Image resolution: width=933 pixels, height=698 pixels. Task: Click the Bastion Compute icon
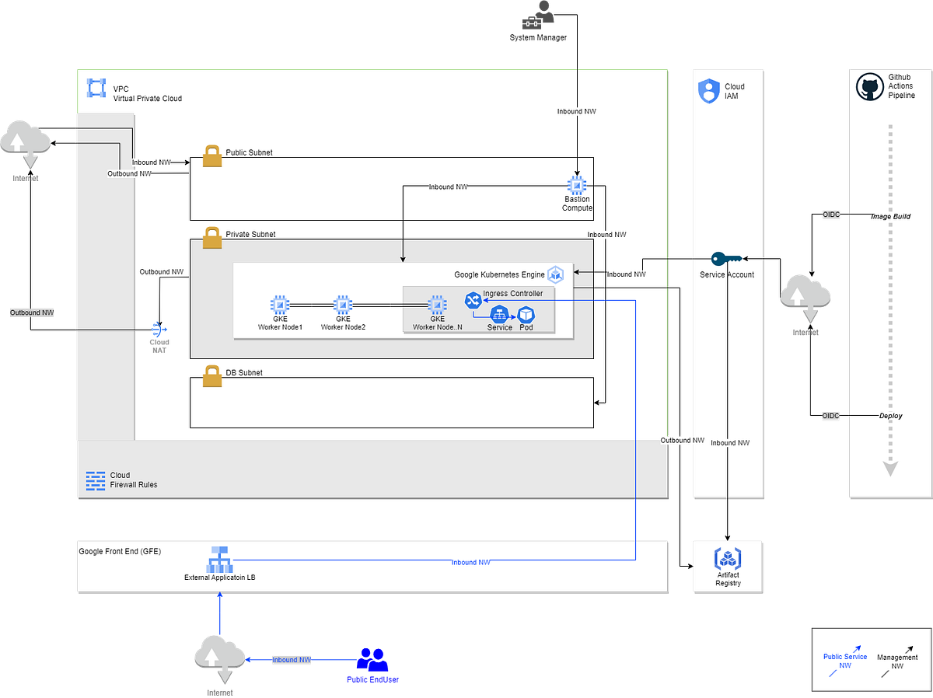coord(577,185)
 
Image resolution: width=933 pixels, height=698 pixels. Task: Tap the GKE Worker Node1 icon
coord(280,305)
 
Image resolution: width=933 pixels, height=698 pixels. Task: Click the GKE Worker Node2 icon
coord(343,305)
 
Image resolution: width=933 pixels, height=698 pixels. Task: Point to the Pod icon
coord(526,314)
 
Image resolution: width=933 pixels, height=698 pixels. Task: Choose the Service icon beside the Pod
coord(500,314)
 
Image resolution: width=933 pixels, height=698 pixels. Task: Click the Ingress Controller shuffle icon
coord(473,300)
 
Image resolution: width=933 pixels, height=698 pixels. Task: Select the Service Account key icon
coord(727,258)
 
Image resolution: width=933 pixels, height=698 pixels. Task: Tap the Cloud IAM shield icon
coord(708,91)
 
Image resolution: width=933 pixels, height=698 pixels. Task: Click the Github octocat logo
coord(868,87)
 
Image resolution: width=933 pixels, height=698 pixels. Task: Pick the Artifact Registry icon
coord(728,559)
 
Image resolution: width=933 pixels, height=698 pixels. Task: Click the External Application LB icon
coord(219,559)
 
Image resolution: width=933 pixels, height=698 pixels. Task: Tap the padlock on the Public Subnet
coord(212,155)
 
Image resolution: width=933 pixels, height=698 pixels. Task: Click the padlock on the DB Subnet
coord(212,376)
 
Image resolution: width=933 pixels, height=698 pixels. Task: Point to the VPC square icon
coord(96,89)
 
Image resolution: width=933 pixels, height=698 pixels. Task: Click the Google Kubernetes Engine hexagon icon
coord(555,274)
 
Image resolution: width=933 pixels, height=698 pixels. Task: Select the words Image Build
coord(889,216)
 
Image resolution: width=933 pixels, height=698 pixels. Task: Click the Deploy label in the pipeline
coord(890,416)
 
